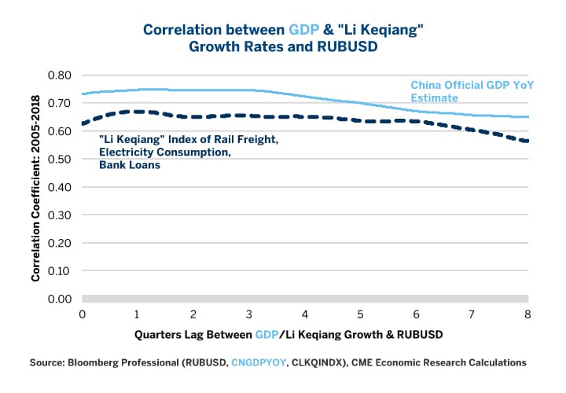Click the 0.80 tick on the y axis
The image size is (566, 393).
tap(60, 75)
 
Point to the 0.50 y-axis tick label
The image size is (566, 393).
tap(60, 160)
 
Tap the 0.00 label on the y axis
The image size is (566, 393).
tap(60, 299)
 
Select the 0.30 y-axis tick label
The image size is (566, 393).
tap(60, 215)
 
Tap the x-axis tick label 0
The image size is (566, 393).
tap(82, 314)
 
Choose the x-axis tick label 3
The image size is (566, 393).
tap(249, 314)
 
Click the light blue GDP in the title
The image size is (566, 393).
tap(303, 29)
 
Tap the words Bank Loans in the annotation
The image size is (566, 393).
tap(130, 166)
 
